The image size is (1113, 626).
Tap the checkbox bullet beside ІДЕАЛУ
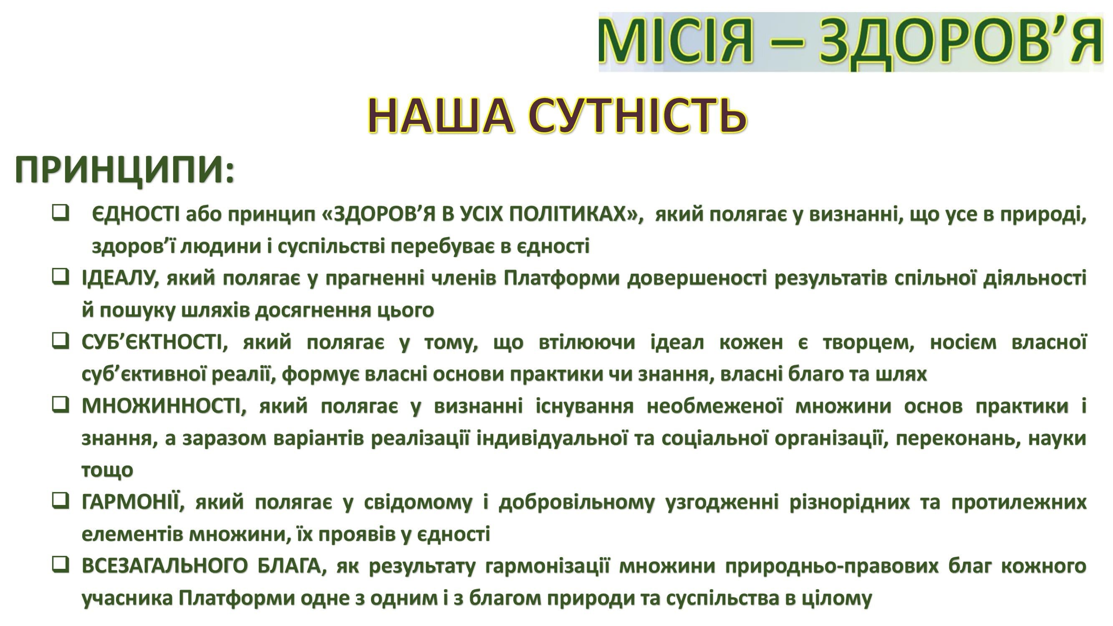pos(61,277)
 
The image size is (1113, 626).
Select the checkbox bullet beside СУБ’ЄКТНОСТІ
pos(61,341)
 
